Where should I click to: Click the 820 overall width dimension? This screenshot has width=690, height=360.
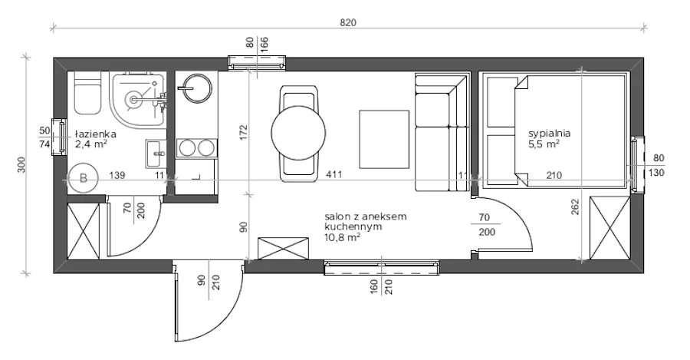(347, 22)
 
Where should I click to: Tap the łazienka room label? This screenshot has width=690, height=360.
(95, 134)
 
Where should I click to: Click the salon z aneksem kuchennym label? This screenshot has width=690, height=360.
(366, 222)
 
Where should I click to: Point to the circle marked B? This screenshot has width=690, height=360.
(83, 178)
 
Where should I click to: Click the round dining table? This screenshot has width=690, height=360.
(298, 133)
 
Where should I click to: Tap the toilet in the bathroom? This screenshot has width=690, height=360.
(87, 93)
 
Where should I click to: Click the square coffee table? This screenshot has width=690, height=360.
(384, 139)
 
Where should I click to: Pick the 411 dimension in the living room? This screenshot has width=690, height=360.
(334, 175)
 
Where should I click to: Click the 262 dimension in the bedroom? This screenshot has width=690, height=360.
(577, 206)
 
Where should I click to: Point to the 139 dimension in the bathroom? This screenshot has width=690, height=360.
(117, 175)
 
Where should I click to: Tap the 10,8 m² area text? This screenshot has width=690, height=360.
(343, 237)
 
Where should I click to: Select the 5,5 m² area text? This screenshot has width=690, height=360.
(544, 144)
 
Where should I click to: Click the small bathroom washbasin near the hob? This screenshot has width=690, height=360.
(156, 154)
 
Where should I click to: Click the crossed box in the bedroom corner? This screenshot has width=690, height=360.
(610, 228)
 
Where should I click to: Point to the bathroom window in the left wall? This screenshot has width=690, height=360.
(59, 137)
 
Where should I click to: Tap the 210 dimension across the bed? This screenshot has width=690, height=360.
(554, 175)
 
